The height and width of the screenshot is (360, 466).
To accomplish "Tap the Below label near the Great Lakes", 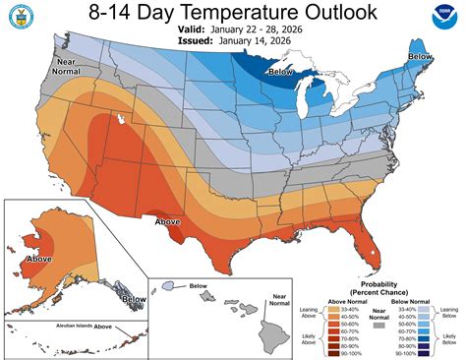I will [x=282, y=72].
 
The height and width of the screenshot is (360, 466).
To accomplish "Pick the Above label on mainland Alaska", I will [x=39, y=261].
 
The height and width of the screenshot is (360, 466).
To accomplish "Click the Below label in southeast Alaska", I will [x=131, y=299].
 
